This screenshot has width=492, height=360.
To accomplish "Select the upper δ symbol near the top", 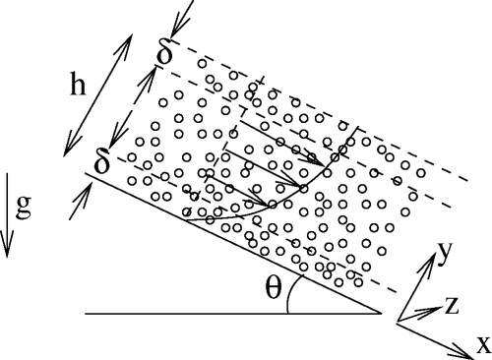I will tap(165, 54).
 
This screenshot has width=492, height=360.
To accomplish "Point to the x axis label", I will tap(482, 344).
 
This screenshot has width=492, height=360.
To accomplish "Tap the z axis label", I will tap(452, 306).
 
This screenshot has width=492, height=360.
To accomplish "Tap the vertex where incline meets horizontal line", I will tap(382, 314).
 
